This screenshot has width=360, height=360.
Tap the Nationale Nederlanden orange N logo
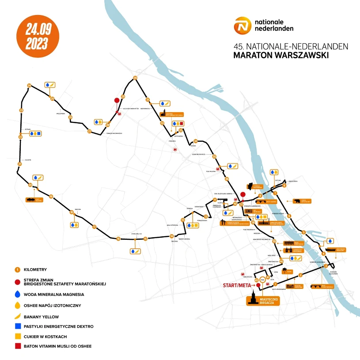click(x=243, y=26)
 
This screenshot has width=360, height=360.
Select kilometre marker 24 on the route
click(x=29, y=85)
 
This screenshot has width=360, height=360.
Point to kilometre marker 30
click(x=135, y=78)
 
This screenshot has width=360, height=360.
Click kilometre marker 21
click(x=19, y=164)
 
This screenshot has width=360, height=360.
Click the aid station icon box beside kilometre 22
click(x=36, y=133)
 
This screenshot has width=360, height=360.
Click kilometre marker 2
click(x=300, y=275)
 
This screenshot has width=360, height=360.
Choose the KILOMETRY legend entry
click(x=34, y=269)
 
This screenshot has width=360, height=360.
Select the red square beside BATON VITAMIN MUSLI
click(x=18, y=346)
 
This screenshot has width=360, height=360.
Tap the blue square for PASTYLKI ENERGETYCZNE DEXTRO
click(x=18, y=326)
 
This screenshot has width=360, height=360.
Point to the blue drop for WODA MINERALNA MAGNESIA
click(x=18, y=294)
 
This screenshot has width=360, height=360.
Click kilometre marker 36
click(x=227, y=179)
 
